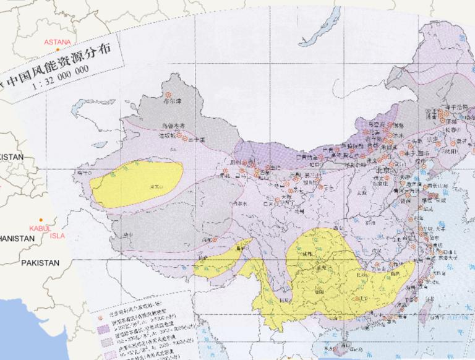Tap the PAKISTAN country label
[40, 263]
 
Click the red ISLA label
[57, 235]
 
